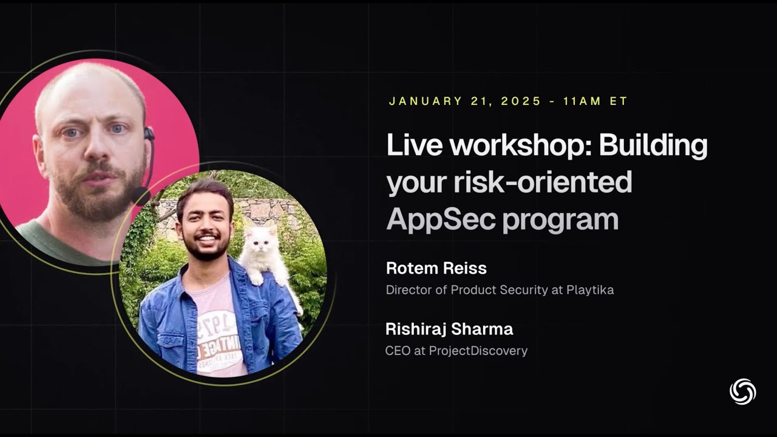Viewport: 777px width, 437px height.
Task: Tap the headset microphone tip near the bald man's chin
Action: tap(140, 195)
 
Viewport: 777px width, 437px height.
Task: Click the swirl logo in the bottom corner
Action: tap(742, 391)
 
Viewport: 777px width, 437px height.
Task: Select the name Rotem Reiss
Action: tap(436, 268)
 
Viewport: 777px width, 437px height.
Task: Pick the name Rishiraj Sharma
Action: tap(449, 330)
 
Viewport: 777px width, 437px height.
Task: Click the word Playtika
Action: tap(590, 290)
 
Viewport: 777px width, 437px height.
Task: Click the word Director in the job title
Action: tap(409, 290)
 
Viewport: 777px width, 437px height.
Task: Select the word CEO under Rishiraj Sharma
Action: tap(398, 351)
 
